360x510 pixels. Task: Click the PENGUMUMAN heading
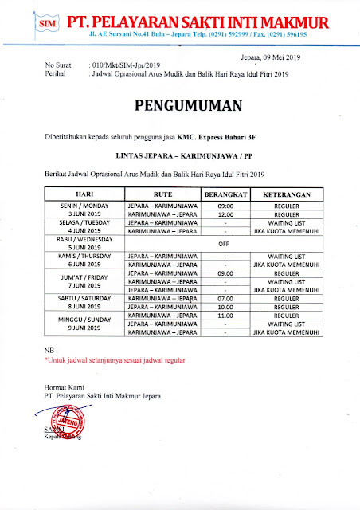180,105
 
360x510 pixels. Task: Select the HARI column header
84,194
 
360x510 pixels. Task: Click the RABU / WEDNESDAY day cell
84,241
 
